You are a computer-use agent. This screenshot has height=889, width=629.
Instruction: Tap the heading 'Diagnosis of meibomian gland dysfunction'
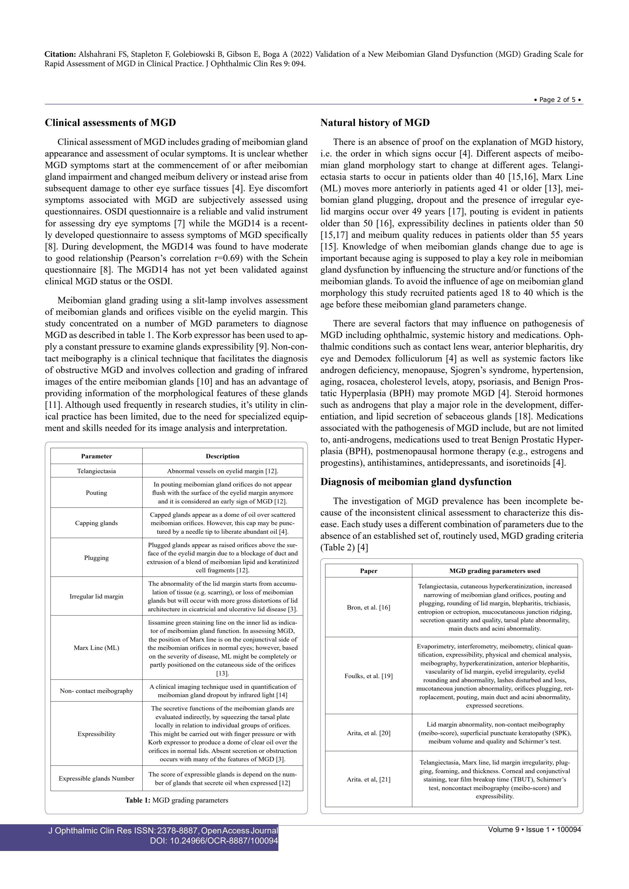point(416,482)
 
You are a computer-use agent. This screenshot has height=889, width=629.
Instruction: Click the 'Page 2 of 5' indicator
point(558,100)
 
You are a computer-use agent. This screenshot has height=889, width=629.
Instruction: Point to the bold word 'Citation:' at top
point(60,54)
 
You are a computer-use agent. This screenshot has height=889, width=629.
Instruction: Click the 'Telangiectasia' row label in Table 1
point(97,471)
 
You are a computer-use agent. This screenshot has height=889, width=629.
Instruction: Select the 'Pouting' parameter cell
point(97,493)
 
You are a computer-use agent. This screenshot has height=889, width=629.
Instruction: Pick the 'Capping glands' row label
point(97,523)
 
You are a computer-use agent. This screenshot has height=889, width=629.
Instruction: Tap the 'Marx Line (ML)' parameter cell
point(97,648)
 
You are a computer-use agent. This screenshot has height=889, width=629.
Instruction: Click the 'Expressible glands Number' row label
point(97,778)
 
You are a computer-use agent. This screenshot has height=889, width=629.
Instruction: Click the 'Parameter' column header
point(97,456)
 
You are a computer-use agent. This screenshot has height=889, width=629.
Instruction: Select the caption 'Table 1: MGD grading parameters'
point(176,800)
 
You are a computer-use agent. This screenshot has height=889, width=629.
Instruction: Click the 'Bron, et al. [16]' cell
point(368,607)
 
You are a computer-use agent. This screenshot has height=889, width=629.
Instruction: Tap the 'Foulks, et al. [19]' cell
point(368,676)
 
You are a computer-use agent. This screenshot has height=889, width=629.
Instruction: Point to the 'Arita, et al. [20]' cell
point(368,733)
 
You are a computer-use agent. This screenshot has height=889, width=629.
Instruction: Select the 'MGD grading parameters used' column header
point(495,571)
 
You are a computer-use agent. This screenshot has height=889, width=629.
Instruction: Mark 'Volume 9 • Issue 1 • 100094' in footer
point(534,829)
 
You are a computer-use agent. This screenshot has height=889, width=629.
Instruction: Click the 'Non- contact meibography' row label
point(97,691)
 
